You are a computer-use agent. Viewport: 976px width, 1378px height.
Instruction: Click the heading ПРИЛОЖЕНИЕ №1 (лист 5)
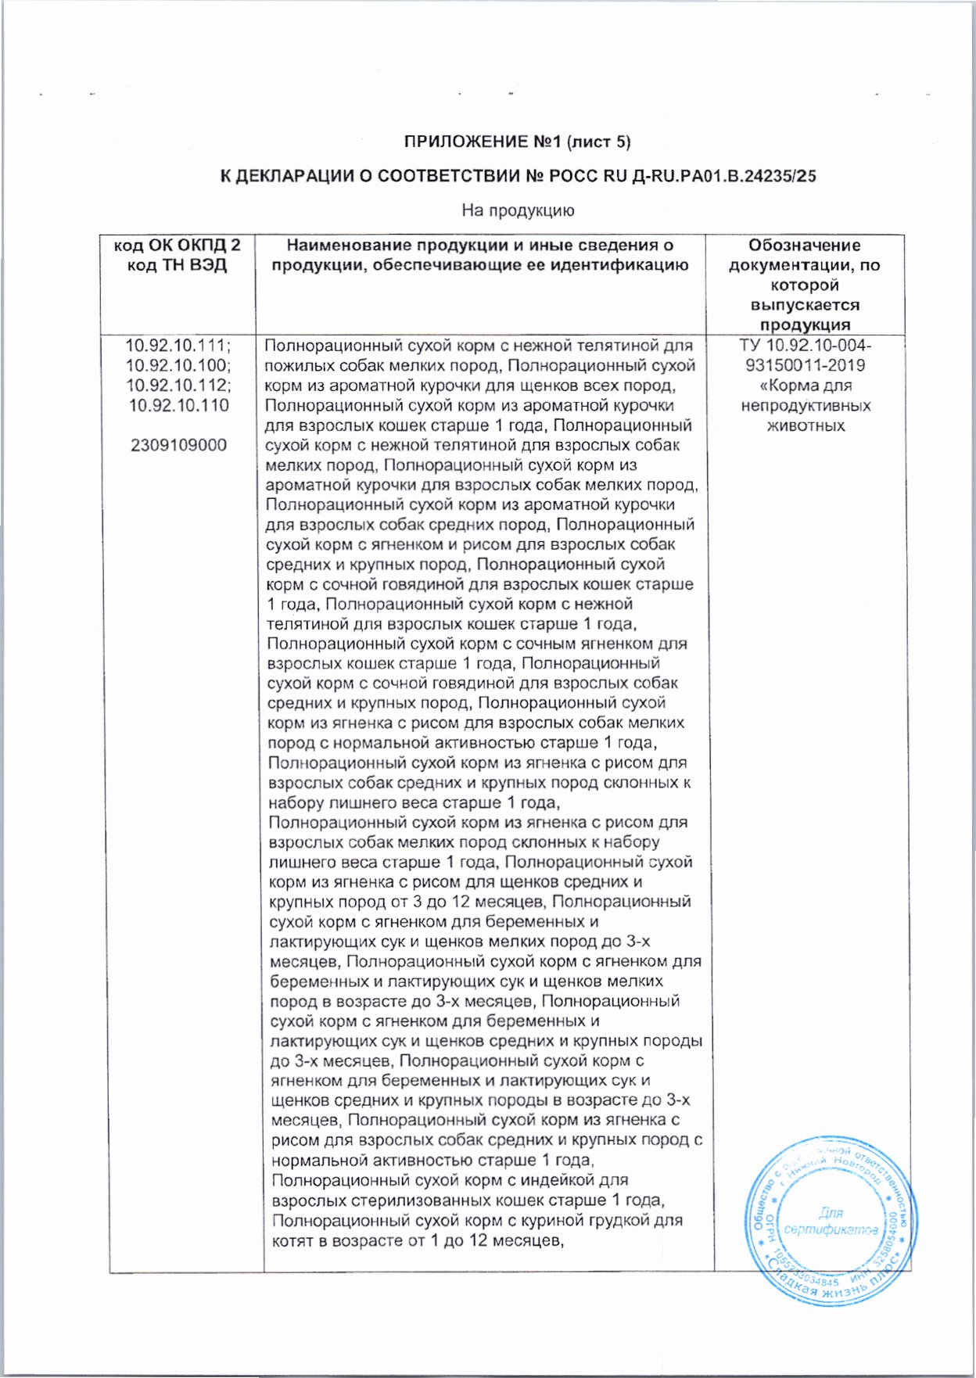coord(517,142)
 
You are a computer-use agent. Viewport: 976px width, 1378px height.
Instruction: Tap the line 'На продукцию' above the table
coord(518,210)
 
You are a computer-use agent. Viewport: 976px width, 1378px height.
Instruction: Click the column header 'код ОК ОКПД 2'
coord(177,246)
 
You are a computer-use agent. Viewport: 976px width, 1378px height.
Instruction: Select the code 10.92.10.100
coord(178,365)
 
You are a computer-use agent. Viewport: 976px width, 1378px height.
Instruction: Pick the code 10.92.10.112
coord(178,386)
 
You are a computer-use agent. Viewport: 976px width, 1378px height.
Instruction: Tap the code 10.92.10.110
coord(178,405)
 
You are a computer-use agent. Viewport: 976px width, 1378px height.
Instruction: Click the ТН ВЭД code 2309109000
coord(178,445)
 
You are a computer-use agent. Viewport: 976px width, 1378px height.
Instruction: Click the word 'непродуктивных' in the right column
coord(806,406)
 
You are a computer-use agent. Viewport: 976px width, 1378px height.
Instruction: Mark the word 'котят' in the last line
coord(292,1240)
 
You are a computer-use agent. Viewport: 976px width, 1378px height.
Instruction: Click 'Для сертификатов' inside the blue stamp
coord(831,1222)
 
